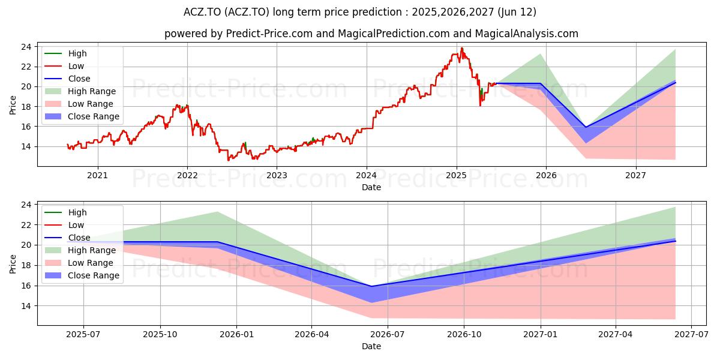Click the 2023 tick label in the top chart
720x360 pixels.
[x=277, y=175]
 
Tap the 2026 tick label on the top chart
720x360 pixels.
[x=546, y=175]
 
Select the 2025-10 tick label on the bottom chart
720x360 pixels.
[x=160, y=335]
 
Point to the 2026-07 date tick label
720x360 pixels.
[x=388, y=335]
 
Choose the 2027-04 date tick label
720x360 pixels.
[x=615, y=335]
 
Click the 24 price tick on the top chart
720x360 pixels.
[x=26, y=47]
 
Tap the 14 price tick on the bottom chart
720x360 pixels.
[x=26, y=306]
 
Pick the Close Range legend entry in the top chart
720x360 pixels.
[x=82, y=116]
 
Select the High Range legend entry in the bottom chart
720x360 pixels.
[x=80, y=250]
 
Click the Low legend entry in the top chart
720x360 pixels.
[x=64, y=66]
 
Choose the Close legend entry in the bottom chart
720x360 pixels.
[x=67, y=238]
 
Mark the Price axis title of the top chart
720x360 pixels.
[x=13, y=105]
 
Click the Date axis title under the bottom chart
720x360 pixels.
[x=371, y=347]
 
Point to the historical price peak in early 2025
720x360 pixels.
[x=462, y=48]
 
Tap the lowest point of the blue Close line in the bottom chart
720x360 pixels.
[x=371, y=286]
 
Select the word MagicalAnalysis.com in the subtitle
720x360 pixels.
[x=527, y=34]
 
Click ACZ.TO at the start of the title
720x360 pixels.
[x=202, y=12]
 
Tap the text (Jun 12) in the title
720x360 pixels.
[x=517, y=12]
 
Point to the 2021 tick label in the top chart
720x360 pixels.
[x=97, y=175]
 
